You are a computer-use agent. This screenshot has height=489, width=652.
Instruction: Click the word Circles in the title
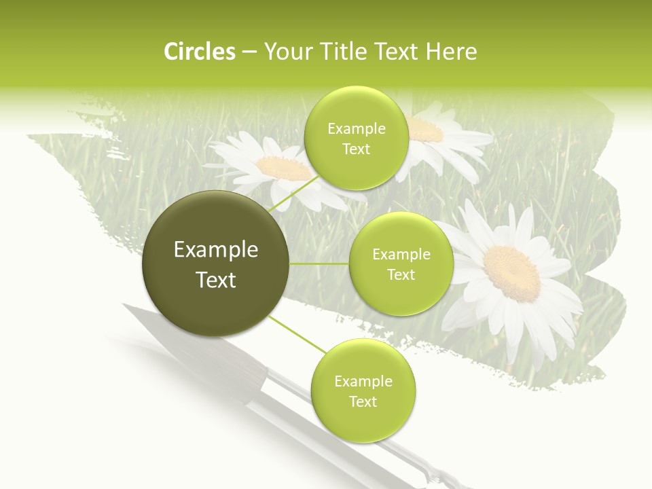pyautogui.click(x=200, y=52)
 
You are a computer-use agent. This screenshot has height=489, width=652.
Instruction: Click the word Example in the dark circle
pyautogui.click(x=216, y=250)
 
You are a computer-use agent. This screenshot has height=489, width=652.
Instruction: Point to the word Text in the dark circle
pyautogui.click(x=216, y=280)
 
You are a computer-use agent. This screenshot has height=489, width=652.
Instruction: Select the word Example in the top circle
pyautogui.click(x=356, y=128)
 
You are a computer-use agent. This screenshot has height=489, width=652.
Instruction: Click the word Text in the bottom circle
pyautogui.click(x=363, y=401)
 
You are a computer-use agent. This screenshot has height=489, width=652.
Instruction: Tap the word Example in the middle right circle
pyautogui.click(x=401, y=254)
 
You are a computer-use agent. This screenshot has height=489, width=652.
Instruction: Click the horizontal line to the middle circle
pyautogui.click(x=319, y=264)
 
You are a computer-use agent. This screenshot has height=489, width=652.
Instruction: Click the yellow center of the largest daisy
pyautogui.click(x=511, y=272)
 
